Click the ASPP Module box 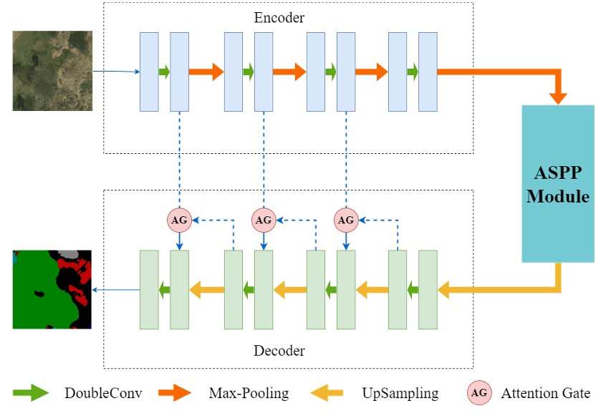click(557, 183)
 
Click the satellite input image click(52, 70)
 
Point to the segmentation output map click(52, 289)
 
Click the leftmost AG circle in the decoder click(179, 220)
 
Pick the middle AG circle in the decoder click(264, 220)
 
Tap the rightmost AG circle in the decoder click(346, 220)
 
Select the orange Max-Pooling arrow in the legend click(173, 392)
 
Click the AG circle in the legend click(479, 392)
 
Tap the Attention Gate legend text click(545, 392)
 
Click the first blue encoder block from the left click(149, 72)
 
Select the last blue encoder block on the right click(428, 72)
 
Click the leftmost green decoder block click(149, 289)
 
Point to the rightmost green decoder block click(428, 289)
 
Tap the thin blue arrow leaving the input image click(115, 72)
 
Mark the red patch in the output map click(82, 269)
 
